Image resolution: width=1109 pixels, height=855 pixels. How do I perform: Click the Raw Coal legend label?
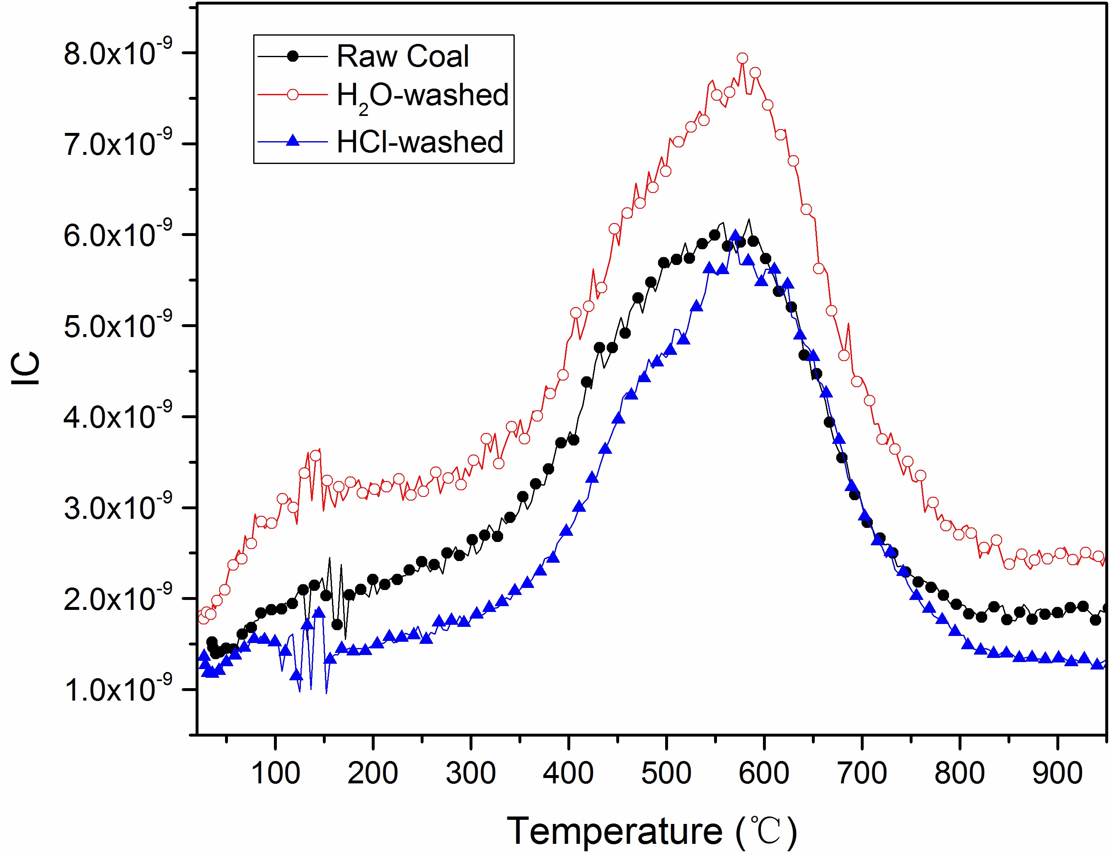click(403, 56)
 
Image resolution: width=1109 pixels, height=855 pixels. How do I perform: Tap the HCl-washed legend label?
click(420, 142)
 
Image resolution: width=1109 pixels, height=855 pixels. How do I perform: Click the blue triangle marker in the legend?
click(293, 140)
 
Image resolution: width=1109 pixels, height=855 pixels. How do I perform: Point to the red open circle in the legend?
click(293, 94)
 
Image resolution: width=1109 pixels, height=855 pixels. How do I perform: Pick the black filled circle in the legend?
click(293, 56)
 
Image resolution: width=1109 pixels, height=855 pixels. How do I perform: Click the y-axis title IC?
click(25, 368)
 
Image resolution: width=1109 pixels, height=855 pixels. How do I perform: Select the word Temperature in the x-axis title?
click(615, 831)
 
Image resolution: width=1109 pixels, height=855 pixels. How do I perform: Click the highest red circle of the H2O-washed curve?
click(742, 58)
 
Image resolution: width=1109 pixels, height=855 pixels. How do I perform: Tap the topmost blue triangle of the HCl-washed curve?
click(735, 236)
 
